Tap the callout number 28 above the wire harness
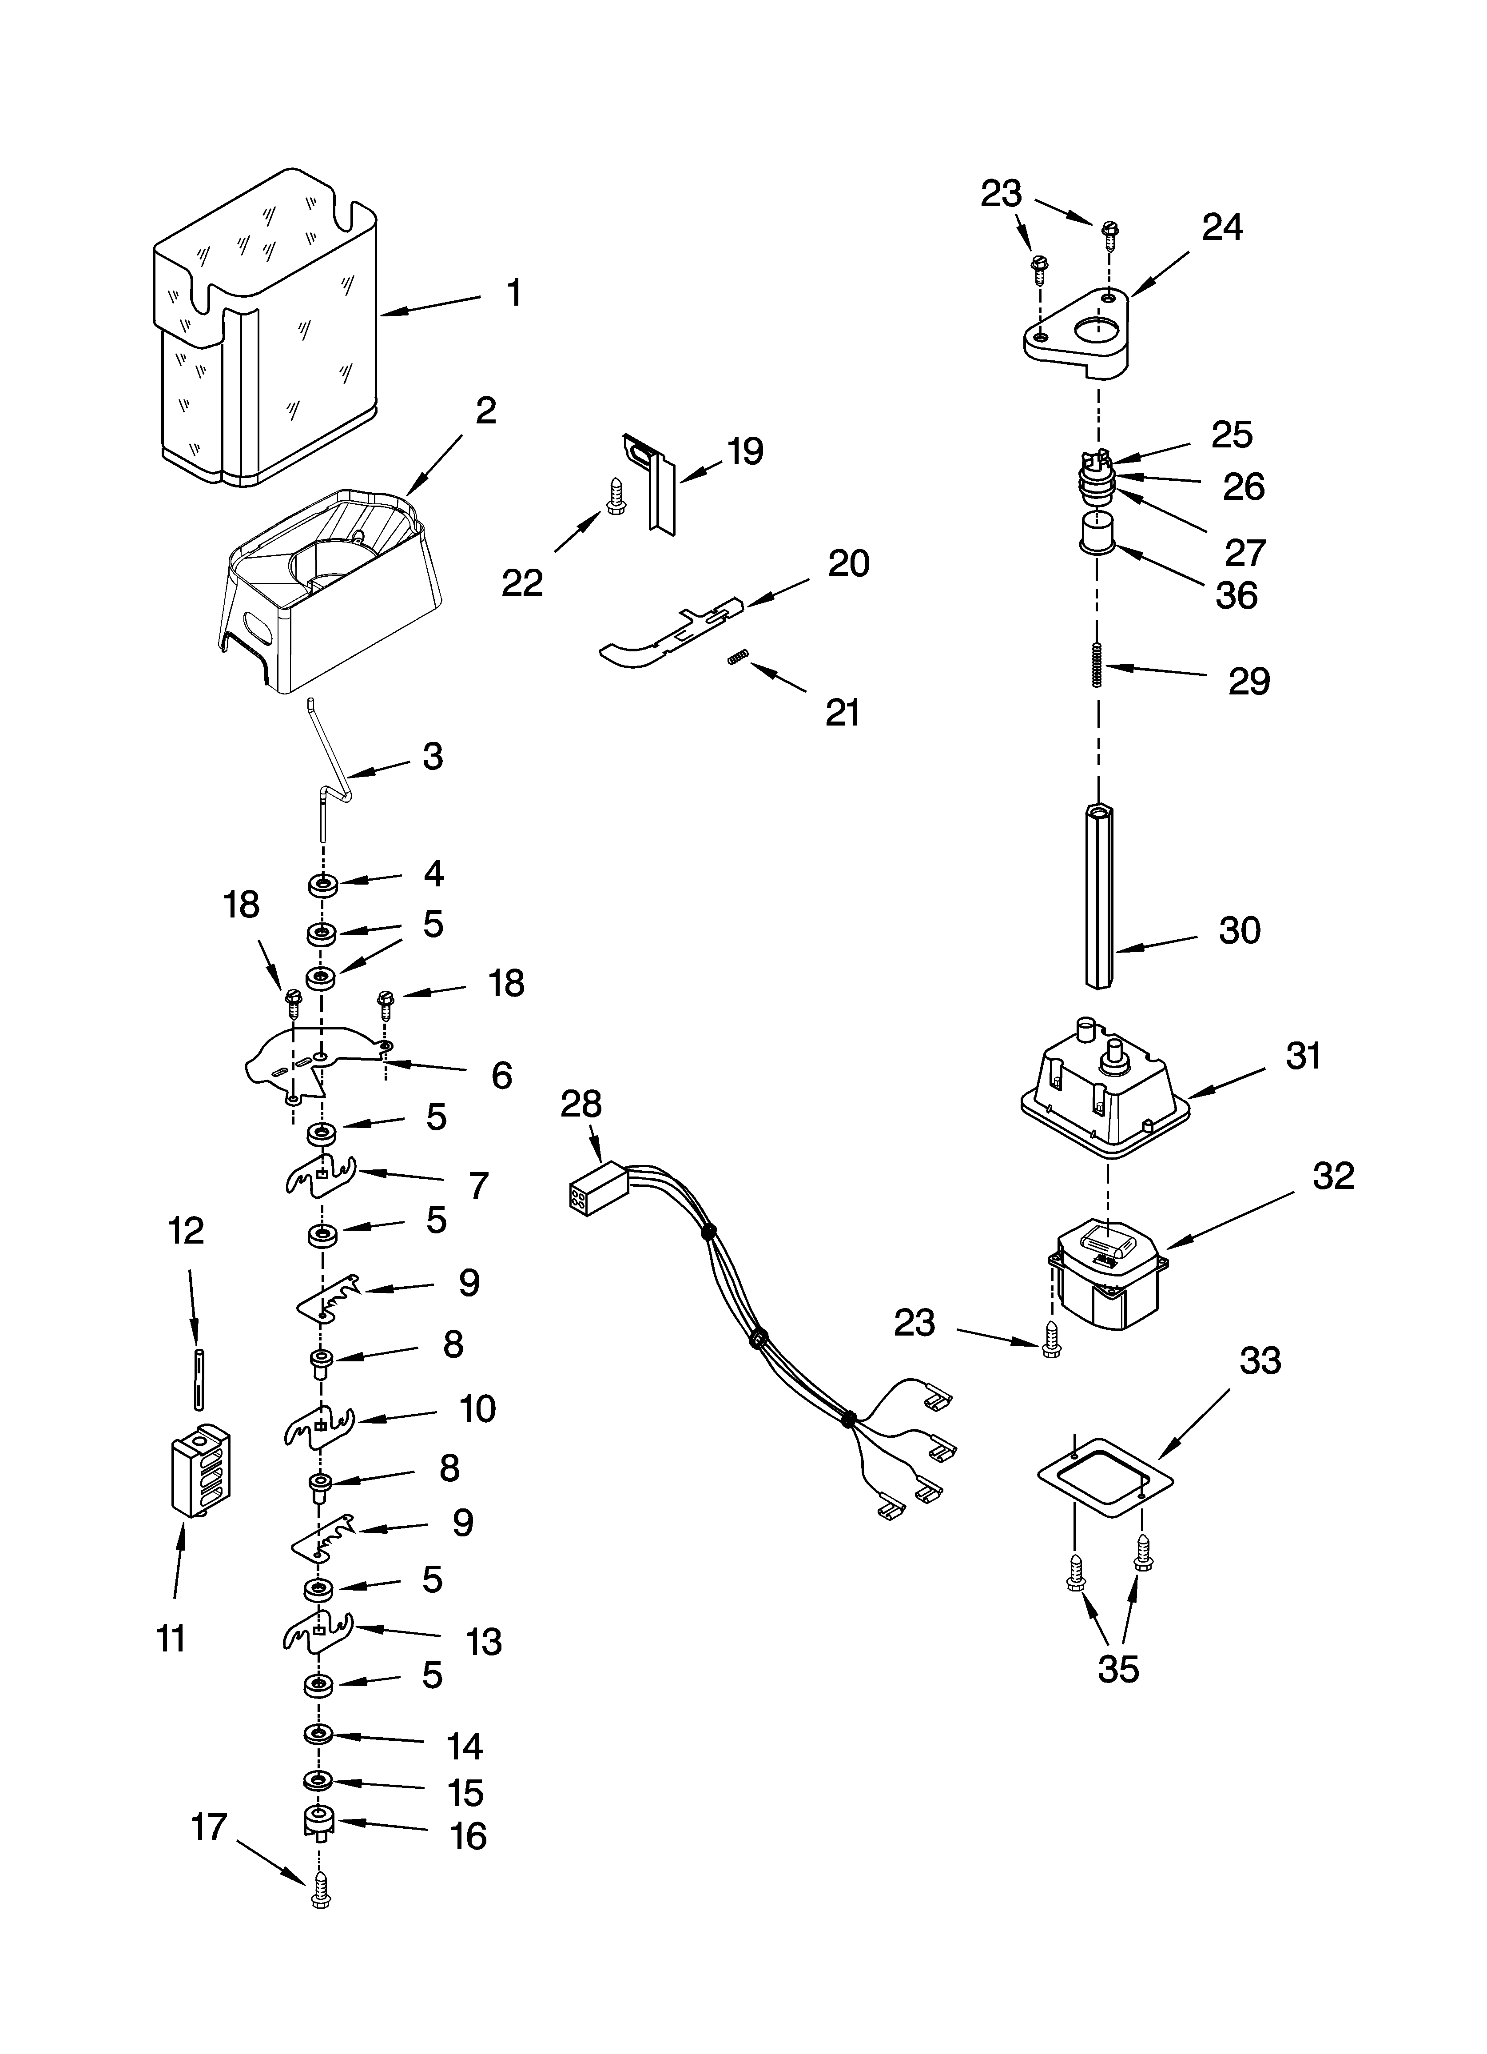pos(580,1104)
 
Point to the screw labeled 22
pos(613,496)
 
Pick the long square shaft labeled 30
pos(1098,897)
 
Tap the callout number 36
pos(1236,595)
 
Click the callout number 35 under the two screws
pos(1117,1669)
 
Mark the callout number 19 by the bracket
pos(745,450)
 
